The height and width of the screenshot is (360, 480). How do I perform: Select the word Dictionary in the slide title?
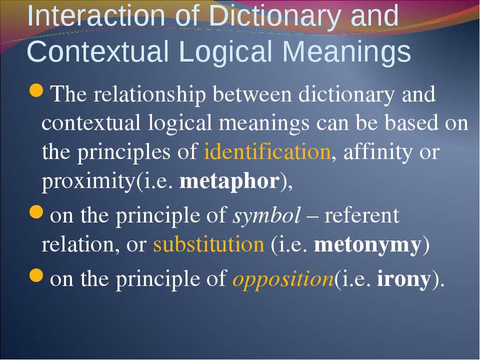pos(271,17)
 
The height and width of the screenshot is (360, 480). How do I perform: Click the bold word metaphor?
pos(229,182)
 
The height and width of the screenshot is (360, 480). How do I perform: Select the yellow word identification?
pos(267,151)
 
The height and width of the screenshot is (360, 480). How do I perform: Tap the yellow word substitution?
pos(208,245)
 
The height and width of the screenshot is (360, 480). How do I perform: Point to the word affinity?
pos(377,152)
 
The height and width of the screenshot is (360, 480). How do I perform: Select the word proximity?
pos(89,182)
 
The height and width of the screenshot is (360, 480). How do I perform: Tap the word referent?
pos(362,216)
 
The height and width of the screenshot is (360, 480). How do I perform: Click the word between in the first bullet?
pos(252,94)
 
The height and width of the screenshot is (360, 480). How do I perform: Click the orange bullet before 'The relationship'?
pos(36,90)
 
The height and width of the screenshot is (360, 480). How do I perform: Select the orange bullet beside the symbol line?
pos(36,212)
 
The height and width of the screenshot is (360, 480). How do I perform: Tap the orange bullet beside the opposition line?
pos(36,275)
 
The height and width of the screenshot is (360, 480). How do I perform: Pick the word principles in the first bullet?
pos(123,152)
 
